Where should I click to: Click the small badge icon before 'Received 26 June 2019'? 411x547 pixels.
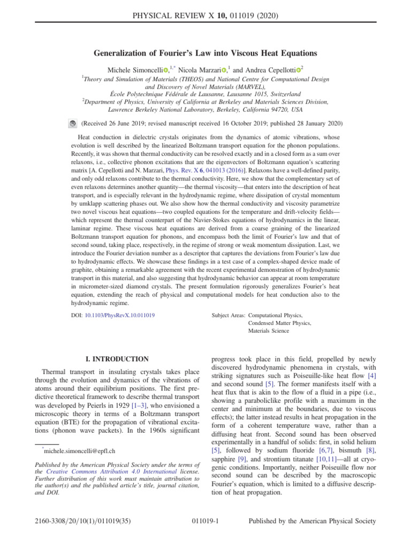click(73, 123)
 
